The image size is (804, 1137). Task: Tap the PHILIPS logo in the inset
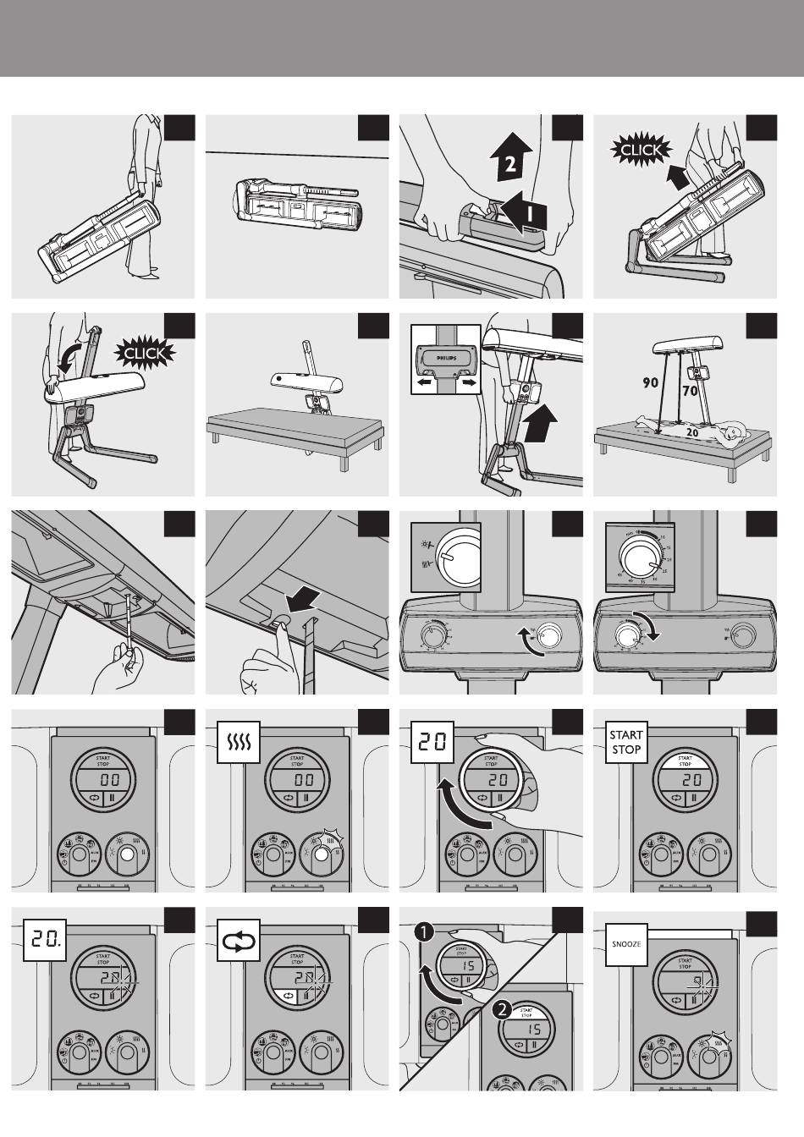pyautogui.click(x=445, y=357)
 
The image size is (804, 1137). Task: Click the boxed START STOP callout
pyautogui.click(x=625, y=742)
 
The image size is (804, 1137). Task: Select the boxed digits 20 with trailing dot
pyautogui.click(x=43, y=937)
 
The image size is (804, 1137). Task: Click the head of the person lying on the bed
pyautogui.click(x=732, y=435)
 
